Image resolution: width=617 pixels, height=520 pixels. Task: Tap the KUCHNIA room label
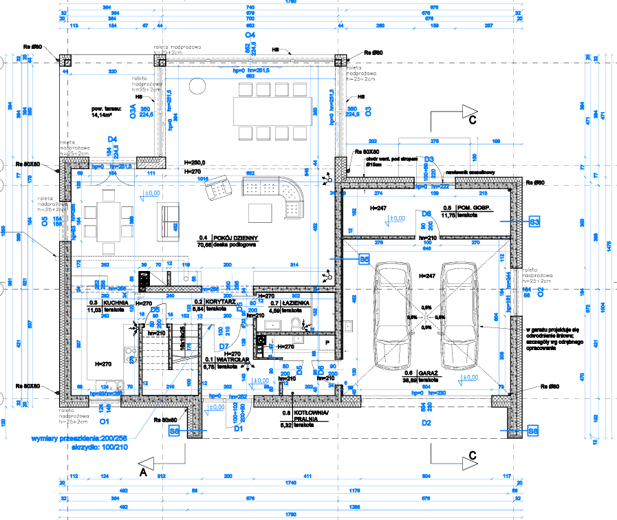click(113, 303)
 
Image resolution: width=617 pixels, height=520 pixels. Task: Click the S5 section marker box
click(365, 259)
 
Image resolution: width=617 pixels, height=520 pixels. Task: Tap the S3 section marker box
click(534, 221)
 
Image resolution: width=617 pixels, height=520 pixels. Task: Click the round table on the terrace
click(197, 88)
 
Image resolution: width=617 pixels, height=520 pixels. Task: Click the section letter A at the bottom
click(143, 473)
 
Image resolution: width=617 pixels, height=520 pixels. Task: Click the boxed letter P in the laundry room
click(327, 341)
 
